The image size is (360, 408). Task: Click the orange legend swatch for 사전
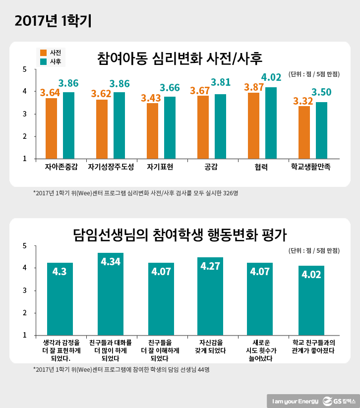click(43, 53)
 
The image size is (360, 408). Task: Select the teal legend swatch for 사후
click(43, 62)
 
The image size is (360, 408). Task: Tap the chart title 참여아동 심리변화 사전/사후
click(180, 58)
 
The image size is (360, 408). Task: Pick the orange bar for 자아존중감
click(51, 128)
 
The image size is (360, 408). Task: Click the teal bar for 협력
click(271, 123)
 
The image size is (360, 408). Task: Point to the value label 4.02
click(271, 77)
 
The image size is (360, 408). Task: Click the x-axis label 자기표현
click(160, 168)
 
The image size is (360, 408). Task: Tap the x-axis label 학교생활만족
click(311, 168)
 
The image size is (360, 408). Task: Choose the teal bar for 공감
click(220, 126)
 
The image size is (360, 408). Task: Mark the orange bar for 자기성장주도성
click(102, 129)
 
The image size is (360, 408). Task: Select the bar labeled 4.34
click(111, 294)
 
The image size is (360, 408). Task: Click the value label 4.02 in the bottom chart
click(311, 274)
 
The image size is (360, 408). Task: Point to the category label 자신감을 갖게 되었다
click(211, 346)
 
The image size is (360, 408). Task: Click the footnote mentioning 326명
click(135, 193)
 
